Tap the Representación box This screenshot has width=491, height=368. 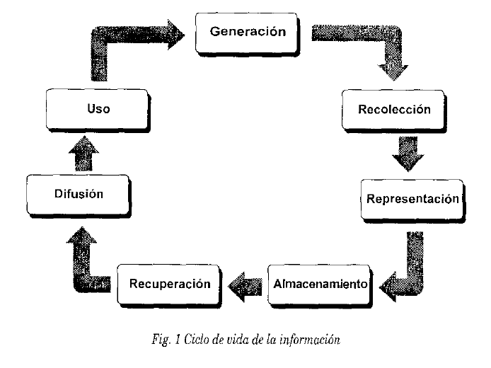pyautogui.click(x=412, y=199)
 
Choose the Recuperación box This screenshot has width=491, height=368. pyautogui.click(x=171, y=284)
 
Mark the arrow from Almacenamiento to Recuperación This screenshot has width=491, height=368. pyautogui.click(x=244, y=284)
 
